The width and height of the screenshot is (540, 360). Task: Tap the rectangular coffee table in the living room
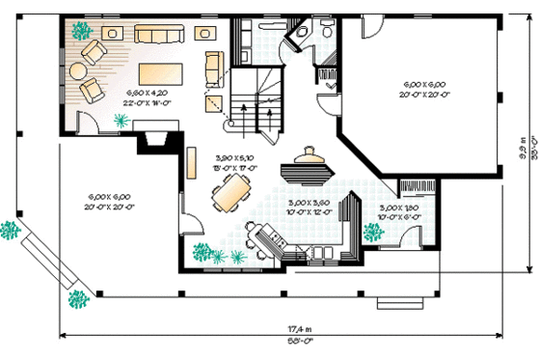point(158,73)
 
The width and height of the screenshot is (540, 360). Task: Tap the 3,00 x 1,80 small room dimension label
point(398,211)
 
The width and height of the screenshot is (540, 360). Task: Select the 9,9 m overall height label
point(520,152)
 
